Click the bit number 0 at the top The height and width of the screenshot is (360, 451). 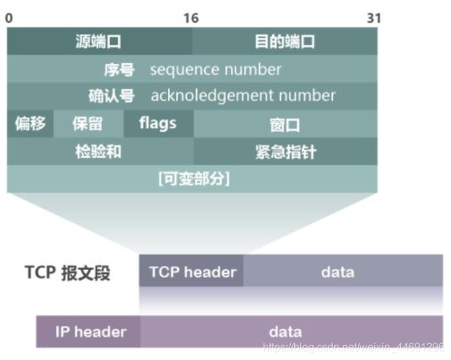point(9,18)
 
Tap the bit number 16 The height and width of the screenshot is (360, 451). point(191,18)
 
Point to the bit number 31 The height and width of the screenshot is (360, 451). point(374,18)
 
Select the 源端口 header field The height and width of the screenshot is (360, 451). point(98,41)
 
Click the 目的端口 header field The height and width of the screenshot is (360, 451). point(285,41)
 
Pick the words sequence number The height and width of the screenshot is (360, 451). point(215,69)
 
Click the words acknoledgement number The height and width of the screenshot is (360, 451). point(243,95)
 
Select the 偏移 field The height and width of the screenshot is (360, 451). point(30,123)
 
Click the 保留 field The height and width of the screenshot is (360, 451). point(87,123)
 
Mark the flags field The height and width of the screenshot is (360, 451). point(158,123)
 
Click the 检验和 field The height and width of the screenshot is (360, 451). point(98,151)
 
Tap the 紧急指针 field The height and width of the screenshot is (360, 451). point(285,151)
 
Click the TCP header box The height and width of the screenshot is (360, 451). point(192,272)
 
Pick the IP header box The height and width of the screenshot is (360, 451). point(90,331)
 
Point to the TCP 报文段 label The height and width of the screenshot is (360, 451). point(67,273)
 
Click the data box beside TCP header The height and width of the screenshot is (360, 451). point(338,272)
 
